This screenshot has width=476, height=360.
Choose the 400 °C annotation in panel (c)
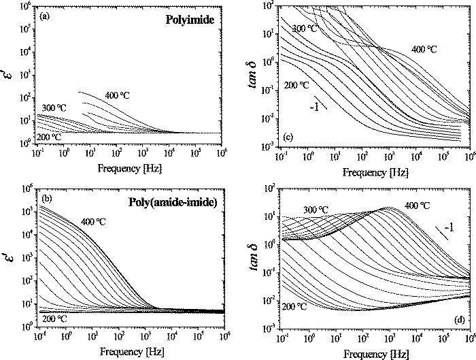click(423, 49)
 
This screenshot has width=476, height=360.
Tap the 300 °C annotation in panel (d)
click(317, 209)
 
